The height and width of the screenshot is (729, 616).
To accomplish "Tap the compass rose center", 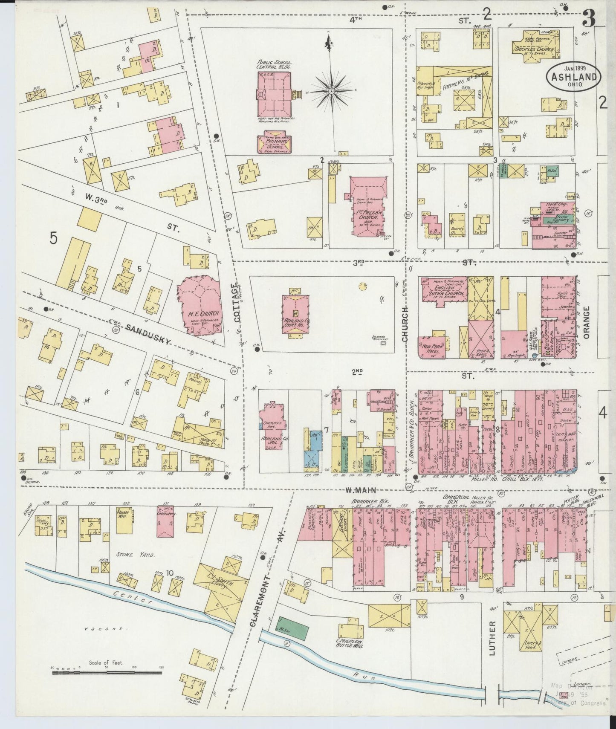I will [x=331, y=91].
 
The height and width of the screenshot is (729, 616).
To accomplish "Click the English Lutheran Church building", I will [x=442, y=291].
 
